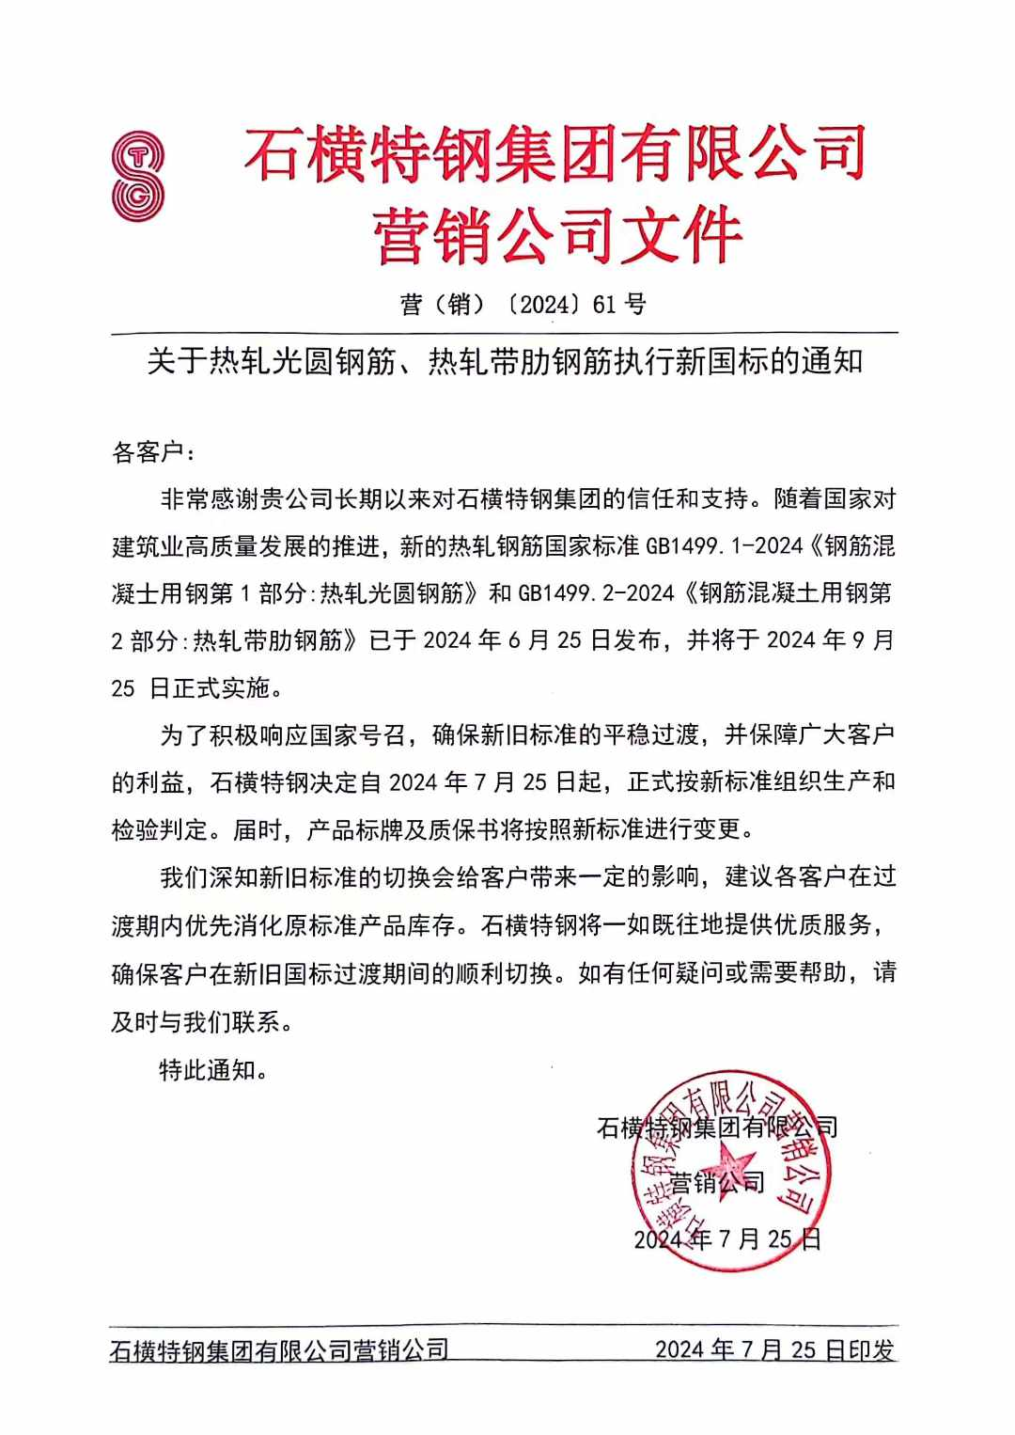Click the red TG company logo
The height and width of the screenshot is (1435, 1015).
(x=137, y=176)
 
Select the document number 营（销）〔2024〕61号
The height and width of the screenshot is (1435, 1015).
(x=523, y=304)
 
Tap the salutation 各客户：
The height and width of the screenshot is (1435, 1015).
(x=154, y=452)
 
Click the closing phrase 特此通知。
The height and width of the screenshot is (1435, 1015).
(x=214, y=1070)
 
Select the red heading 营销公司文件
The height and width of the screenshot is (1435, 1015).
(x=558, y=235)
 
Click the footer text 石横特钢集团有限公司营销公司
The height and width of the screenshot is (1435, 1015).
(x=279, y=1350)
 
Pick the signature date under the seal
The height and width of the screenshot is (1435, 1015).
(x=727, y=1238)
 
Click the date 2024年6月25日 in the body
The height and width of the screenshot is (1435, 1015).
(x=517, y=640)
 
